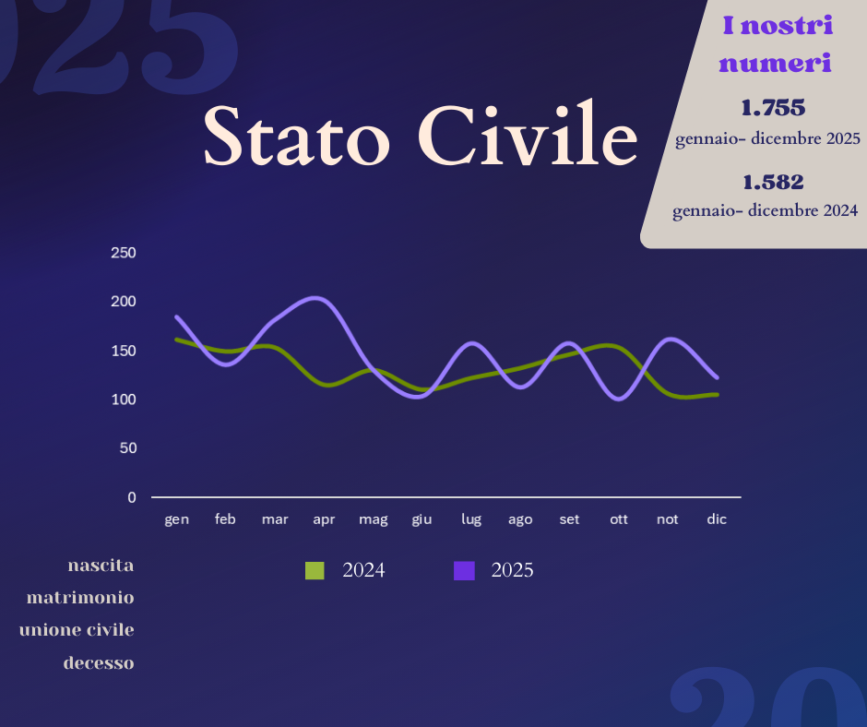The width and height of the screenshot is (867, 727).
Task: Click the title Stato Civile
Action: point(421,135)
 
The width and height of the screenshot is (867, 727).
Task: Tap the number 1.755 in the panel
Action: point(773,108)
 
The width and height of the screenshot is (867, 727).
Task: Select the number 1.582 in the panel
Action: point(773,182)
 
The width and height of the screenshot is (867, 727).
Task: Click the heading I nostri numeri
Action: point(777,44)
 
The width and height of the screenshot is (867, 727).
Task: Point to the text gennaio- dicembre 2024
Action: point(766,210)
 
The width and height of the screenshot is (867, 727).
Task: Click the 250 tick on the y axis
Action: point(124,253)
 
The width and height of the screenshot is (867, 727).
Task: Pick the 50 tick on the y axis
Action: point(128,448)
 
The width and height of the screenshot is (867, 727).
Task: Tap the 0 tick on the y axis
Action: point(132,497)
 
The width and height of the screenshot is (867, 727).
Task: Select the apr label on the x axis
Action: point(324,520)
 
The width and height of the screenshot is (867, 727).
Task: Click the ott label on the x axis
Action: point(619,519)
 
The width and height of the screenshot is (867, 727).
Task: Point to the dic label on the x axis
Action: point(717,519)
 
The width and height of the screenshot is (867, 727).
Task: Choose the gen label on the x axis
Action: point(177,520)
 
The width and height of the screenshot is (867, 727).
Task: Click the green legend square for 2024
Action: point(315,570)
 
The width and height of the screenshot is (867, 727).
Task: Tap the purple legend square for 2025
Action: point(465,570)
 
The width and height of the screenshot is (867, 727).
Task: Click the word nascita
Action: point(101,566)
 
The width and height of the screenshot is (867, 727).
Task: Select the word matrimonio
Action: point(81,598)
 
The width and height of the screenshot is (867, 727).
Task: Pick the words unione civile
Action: point(77,629)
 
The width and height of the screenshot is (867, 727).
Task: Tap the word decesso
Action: point(99,662)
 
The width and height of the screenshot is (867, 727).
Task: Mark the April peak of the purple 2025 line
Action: point(315,298)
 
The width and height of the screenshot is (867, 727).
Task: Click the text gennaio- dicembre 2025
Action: point(768,138)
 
